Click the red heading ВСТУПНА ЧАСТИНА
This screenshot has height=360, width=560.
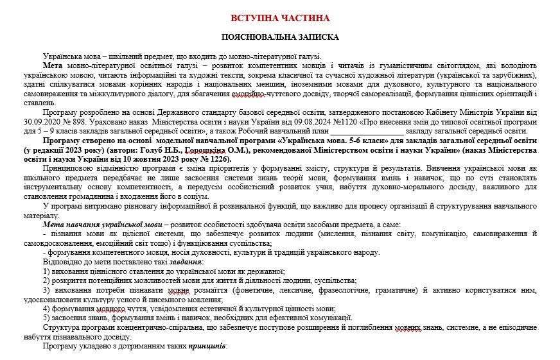point(279,18)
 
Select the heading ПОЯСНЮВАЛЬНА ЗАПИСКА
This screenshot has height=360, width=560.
point(279,37)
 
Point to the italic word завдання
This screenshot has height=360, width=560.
point(170,262)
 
